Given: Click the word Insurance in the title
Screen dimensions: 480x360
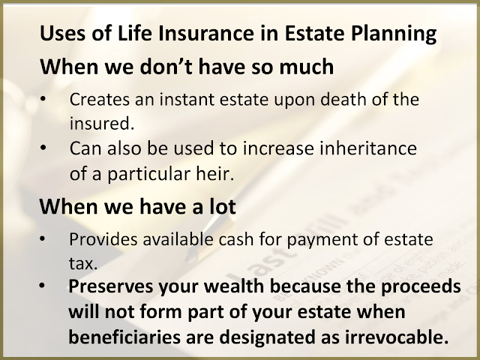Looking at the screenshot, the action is (205, 33).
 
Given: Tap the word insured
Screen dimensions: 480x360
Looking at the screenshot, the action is (102, 123).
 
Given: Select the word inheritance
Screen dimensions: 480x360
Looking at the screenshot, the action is (368, 148).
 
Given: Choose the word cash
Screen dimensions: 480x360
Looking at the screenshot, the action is (236, 239).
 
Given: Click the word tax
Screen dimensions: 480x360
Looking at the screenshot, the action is (83, 263).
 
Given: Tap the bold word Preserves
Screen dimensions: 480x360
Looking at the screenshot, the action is (110, 286).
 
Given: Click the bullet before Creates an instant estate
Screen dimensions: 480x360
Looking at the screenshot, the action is (43, 99).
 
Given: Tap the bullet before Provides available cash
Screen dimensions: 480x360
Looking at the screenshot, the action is (43, 238).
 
